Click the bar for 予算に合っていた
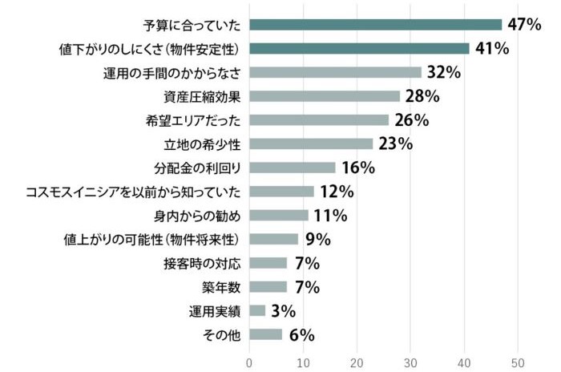(x=375, y=24)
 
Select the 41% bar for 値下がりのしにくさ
(x=359, y=48)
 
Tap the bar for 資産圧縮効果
(x=325, y=96)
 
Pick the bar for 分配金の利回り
(x=293, y=168)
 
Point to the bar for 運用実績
(x=257, y=310)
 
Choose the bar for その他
(x=265, y=334)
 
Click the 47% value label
(x=525, y=24)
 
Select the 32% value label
(x=443, y=72)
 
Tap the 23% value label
(x=395, y=144)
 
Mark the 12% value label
(x=336, y=192)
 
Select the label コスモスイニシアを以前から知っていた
(x=134, y=192)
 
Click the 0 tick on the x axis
(x=249, y=361)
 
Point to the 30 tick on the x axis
(x=410, y=361)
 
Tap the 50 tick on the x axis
(x=518, y=361)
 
